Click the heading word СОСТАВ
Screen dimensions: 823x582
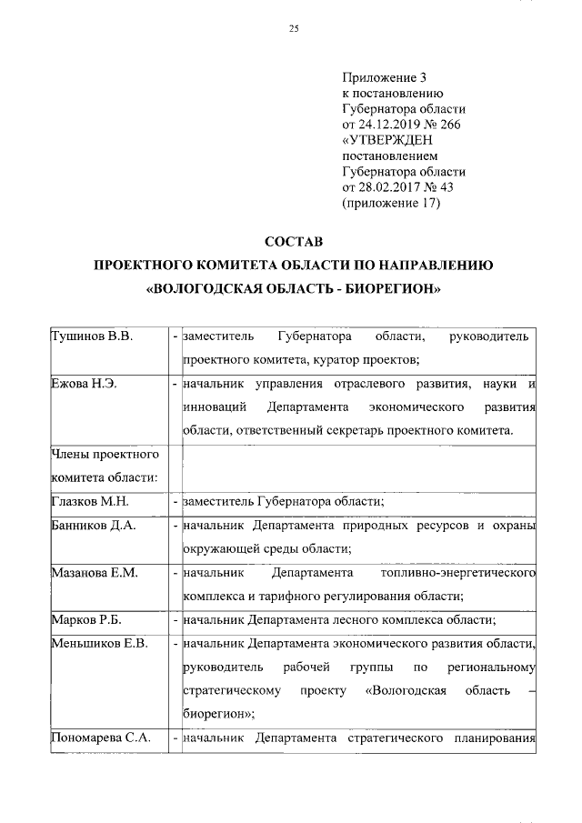point(293,242)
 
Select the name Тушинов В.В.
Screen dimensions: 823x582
point(90,337)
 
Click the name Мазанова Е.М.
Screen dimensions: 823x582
point(95,575)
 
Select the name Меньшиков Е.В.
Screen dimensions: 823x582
point(99,646)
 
